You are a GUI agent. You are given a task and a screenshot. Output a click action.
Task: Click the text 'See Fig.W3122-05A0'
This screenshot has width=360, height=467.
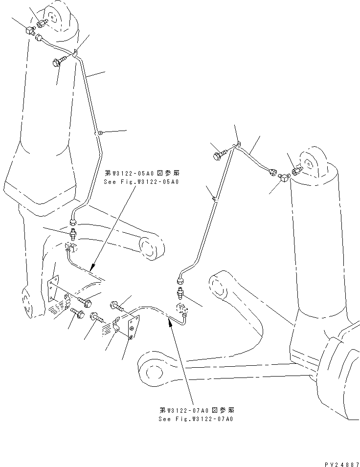tap(142, 181)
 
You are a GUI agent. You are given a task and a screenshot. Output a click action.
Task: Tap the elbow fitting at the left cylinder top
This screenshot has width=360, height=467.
tap(29, 31)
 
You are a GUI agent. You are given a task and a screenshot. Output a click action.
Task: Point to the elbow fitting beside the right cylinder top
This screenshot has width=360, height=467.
tap(283, 181)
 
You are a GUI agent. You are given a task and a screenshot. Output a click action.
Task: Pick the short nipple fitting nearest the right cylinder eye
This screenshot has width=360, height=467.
tap(296, 171)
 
